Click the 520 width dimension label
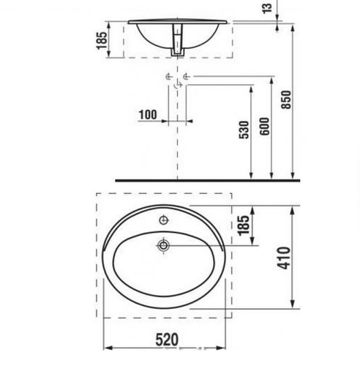pos(167,340)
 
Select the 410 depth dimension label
pos(284,258)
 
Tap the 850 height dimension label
pos(286,100)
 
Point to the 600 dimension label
pos(265,126)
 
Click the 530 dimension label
pos(244,130)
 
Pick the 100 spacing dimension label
pos(148,115)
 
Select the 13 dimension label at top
pos(268,8)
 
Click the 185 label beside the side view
pos(102,41)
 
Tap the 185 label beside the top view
pos(244,225)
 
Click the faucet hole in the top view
pos(164,220)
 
